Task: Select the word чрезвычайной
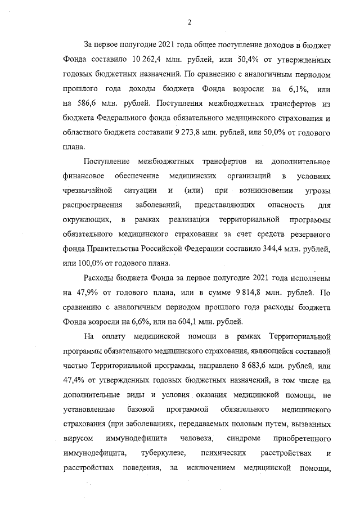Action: [x=87, y=191]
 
